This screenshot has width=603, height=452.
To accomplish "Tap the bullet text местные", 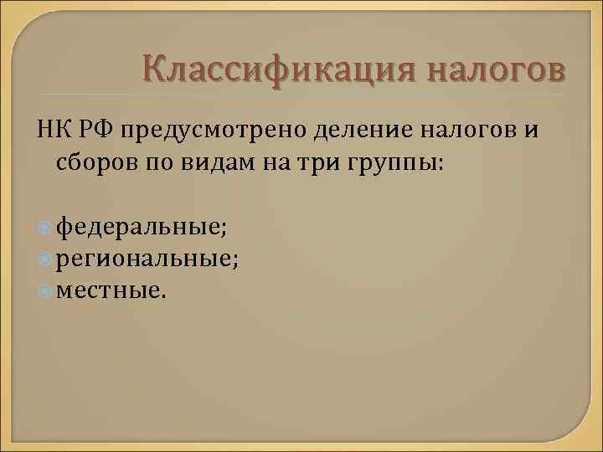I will coord(111,290).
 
